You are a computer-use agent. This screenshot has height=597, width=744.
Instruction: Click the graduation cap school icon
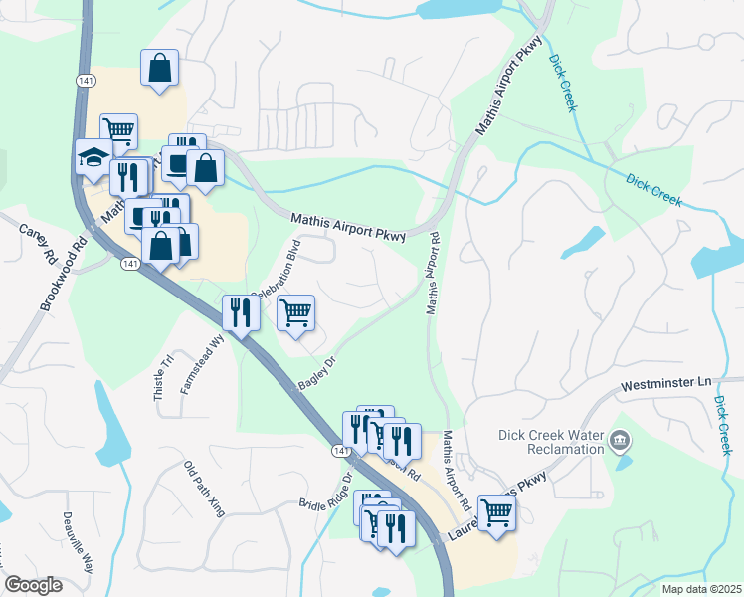coord(94,158)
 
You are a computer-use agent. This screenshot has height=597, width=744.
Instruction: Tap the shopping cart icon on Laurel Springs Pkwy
coord(497,513)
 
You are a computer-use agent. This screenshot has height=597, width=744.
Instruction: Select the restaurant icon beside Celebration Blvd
coord(241,312)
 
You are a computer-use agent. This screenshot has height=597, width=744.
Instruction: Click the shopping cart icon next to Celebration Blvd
coord(295,312)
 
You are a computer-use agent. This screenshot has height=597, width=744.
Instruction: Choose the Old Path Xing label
coord(205,489)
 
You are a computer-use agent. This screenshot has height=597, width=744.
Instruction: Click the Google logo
coord(34,584)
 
